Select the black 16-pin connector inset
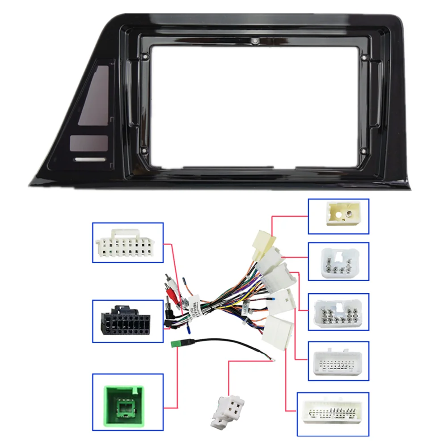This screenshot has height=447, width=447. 127,320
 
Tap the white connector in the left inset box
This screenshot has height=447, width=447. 127,242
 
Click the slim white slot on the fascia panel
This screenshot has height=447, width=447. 90,159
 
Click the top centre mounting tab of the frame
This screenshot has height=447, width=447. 255,40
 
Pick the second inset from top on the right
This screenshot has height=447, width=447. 338,261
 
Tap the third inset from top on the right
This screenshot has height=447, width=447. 338,312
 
